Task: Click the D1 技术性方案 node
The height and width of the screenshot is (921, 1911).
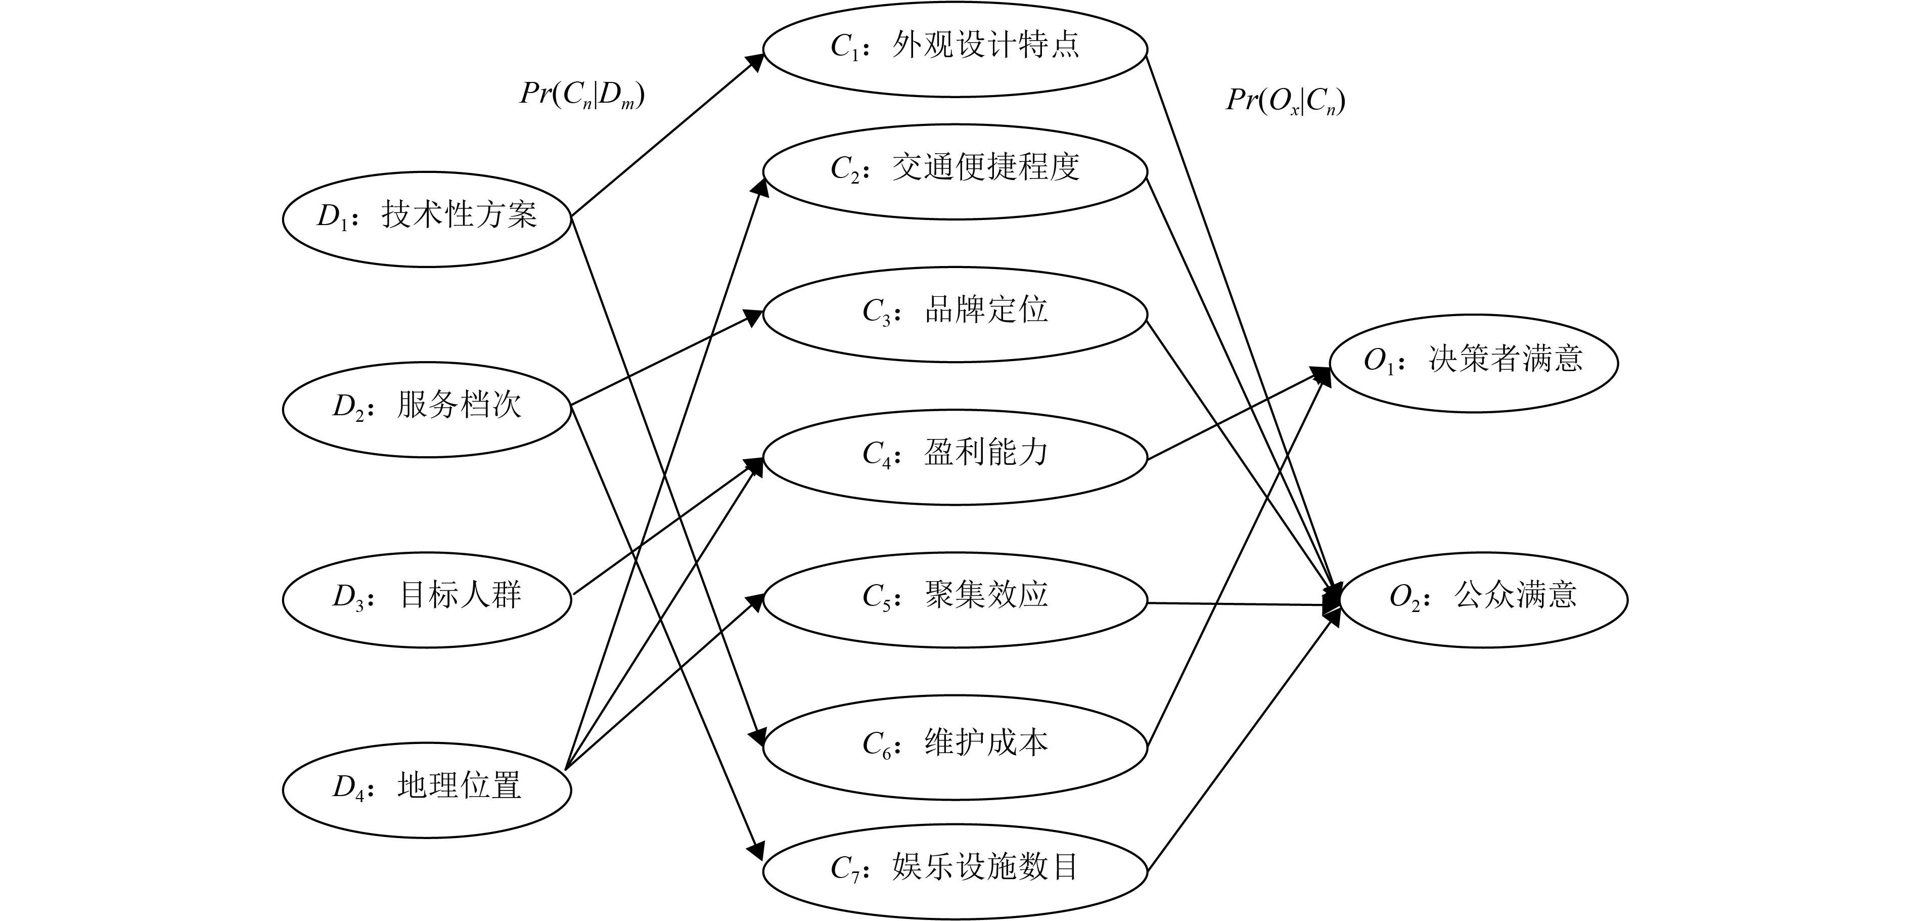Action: point(427,219)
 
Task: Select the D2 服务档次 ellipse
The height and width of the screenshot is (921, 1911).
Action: point(427,409)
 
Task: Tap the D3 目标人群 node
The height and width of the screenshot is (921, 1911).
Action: point(427,599)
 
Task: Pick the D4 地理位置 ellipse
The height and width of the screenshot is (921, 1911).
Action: point(427,790)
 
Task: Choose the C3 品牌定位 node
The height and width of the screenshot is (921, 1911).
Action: point(955,314)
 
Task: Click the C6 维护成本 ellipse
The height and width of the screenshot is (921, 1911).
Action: point(955,748)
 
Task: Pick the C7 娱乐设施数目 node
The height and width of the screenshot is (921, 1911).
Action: point(955,871)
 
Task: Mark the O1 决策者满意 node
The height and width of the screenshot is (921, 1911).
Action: point(1473,363)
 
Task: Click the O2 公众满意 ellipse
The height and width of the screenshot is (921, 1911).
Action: point(1482,599)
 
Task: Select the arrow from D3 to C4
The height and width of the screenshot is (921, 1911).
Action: point(668,526)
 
